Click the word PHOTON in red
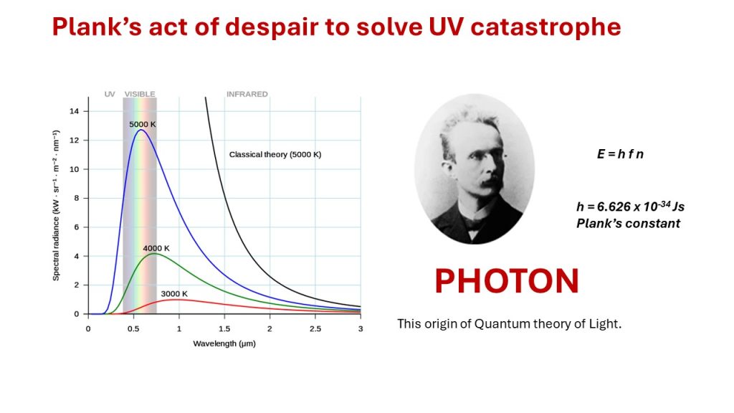(x=507, y=281)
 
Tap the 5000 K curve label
(x=143, y=124)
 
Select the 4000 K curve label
(x=156, y=248)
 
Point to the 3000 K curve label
(x=174, y=293)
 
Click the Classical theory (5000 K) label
(x=275, y=155)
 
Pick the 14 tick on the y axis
(x=74, y=111)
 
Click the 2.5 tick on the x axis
(x=315, y=328)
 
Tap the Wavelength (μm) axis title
(x=224, y=343)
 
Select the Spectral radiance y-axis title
(x=56, y=206)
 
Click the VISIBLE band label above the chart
(x=140, y=94)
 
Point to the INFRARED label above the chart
(x=247, y=94)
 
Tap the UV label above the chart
(x=110, y=94)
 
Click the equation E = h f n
(x=620, y=154)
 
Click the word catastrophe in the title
(x=545, y=27)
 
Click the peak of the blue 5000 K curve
(x=141, y=130)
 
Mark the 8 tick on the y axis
(x=76, y=198)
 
